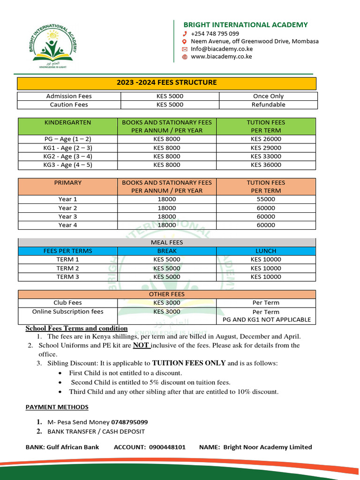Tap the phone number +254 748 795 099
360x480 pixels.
tap(215, 34)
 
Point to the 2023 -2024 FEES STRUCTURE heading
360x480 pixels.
tap(167, 82)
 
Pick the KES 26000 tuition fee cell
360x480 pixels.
tap(266, 139)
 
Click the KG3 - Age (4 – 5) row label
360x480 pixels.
tap(68, 165)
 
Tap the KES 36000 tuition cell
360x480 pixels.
tap(266, 165)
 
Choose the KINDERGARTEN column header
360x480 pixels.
tap(68, 122)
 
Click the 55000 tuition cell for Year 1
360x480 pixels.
tap(266, 199)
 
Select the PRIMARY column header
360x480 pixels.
tap(68, 183)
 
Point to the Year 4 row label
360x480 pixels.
tap(68, 225)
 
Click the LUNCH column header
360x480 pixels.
tap(266, 251)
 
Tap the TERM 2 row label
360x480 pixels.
tap(68, 269)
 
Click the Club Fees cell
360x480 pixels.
tap(68, 303)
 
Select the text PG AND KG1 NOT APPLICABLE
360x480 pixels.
tap(266, 320)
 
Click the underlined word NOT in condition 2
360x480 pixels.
tap(141, 345)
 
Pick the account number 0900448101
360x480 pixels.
tap(167, 447)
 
